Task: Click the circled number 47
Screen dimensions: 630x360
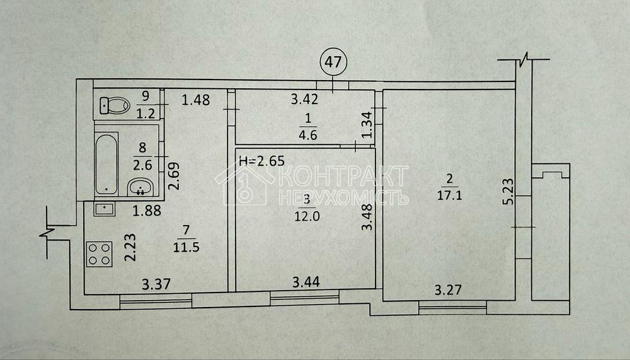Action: [333, 62]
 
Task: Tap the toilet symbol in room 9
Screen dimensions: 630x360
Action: [115, 105]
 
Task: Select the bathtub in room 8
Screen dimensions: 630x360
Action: [106, 164]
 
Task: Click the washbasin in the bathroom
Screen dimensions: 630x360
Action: [140, 188]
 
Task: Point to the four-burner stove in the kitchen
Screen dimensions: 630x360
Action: [100, 254]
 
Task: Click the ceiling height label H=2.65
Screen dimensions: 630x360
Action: [261, 161]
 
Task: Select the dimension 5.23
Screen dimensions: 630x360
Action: [508, 192]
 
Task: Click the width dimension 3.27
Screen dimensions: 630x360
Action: [448, 289]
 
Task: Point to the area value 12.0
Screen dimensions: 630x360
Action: [307, 216]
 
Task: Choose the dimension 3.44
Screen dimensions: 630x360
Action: [306, 282]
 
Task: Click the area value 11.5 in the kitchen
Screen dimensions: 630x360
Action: [186, 247]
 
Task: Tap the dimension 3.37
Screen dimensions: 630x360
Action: [156, 285]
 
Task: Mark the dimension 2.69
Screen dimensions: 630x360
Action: [174, 176]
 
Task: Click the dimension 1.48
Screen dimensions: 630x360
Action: [196, 100]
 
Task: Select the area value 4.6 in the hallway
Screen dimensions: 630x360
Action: [308, 134]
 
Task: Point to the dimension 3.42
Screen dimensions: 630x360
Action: [304, 99]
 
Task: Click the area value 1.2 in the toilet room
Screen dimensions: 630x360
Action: [146, 113]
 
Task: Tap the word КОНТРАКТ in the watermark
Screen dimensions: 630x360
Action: [343, 176]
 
